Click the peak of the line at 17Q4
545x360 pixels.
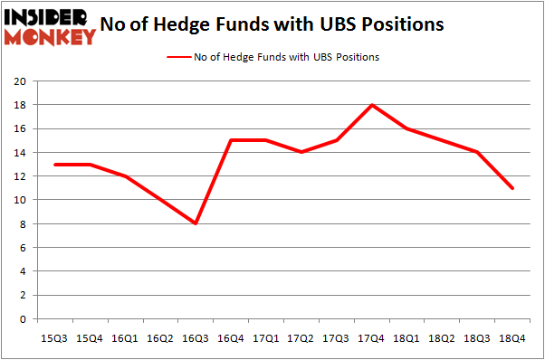click(372, 105)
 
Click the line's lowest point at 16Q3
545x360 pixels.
click(196, 223)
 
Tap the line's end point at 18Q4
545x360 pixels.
click(513, 188)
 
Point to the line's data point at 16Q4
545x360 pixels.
click(231, 140)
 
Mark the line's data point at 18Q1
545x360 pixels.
click(407, 128)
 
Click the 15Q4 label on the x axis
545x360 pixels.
click(90, 338)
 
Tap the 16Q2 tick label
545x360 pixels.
click(160, 338)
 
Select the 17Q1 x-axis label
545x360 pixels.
click(266, 338)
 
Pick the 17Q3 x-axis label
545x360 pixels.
click(337, 338)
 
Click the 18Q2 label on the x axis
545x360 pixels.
click(443, 338)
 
